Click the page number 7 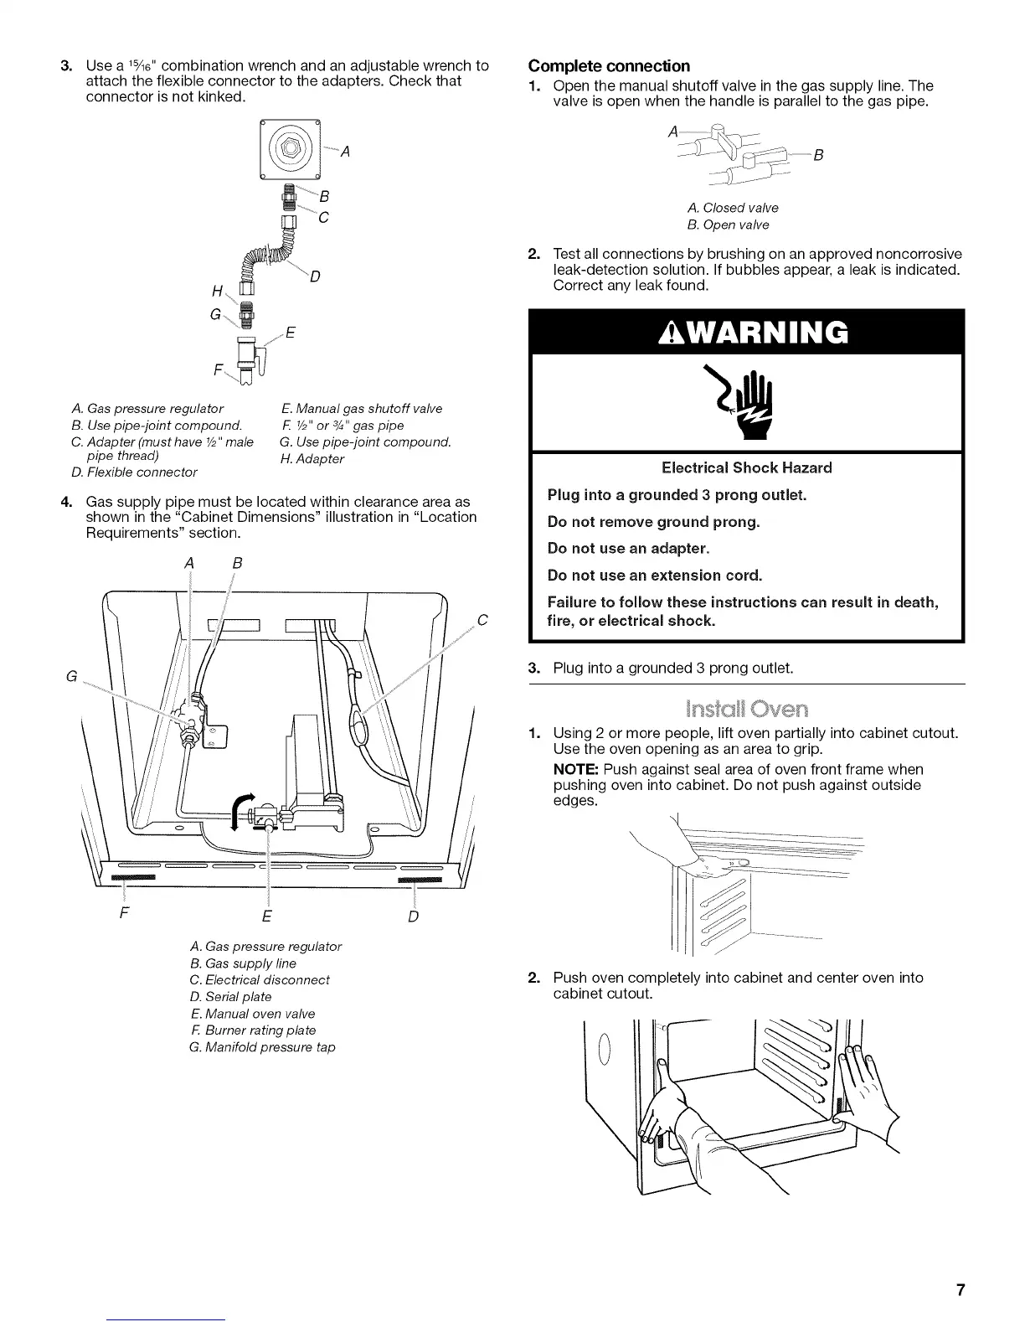[x=961, y=1290]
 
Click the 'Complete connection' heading [x=609, y=66]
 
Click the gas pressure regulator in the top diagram [x=291, y=150]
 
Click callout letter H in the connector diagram [x=219, y=291]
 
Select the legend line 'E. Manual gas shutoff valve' [x=362, y=409]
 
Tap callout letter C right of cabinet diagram [x=482, y=621]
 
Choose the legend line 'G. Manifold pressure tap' [x=262, y=1047]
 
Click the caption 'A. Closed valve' [x=732, y=208]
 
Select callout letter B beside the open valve [x=818, y=155]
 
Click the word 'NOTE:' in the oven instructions [x=576, y=769]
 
